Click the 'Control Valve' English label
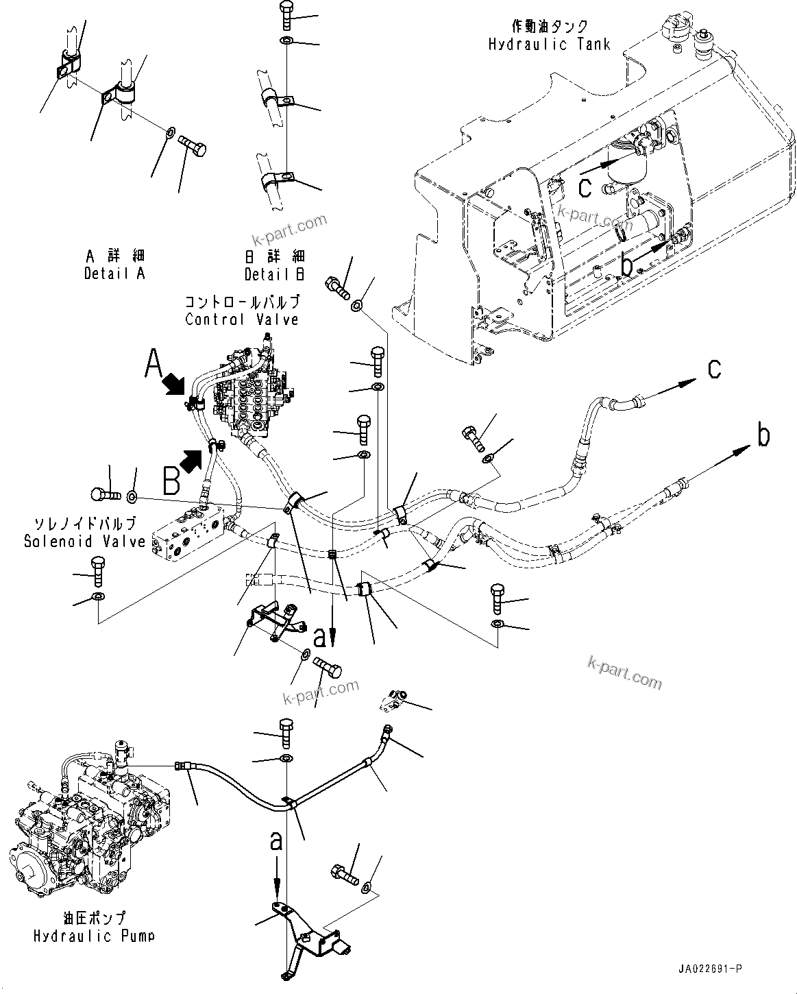pyautogui.click(x=242, y=319)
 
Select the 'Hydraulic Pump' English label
pyautogui.click(x=93, y=936)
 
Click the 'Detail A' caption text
pyautogui.click(x=114, y=274)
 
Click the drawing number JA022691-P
pyautogui.click(x=710, y=969)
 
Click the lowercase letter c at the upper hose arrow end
pyautogui.click(x=714, y=369)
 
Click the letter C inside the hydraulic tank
pyautogui.click(x=584, y=186)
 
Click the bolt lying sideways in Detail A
pyautogui.click(x=193, y=146)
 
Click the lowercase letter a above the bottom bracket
pyautogui.click(x=276, y=841)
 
